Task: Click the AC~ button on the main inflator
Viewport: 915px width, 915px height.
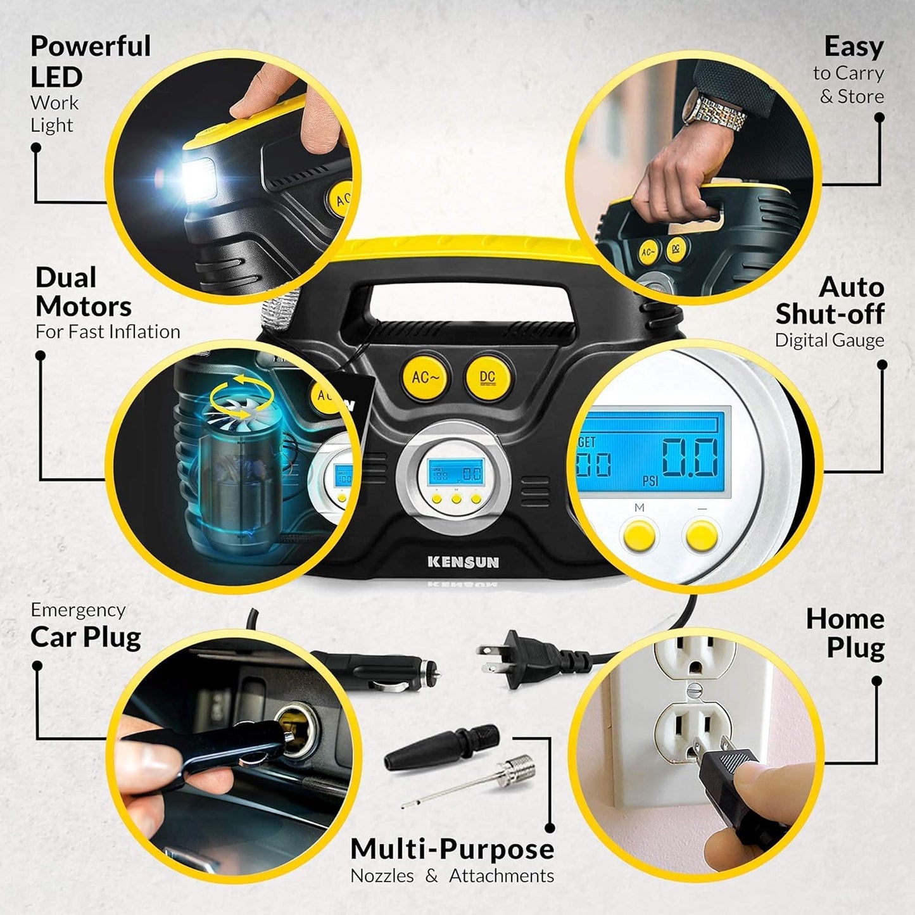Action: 425,377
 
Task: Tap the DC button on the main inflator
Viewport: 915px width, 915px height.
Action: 487,377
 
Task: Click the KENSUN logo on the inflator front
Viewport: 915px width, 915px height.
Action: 463,562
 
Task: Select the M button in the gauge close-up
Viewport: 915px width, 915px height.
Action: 639,535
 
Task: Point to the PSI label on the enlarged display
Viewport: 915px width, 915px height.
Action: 650,481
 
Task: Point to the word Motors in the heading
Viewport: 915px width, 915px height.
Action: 84,306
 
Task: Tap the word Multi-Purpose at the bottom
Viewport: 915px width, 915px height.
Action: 452,849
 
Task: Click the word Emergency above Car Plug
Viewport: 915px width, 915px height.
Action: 78,610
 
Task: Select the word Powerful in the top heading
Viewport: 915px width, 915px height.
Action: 91,46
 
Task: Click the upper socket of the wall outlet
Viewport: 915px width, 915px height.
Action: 695,658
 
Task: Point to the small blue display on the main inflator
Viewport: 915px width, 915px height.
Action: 455,473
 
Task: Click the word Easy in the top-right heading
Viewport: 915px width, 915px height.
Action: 854,47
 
